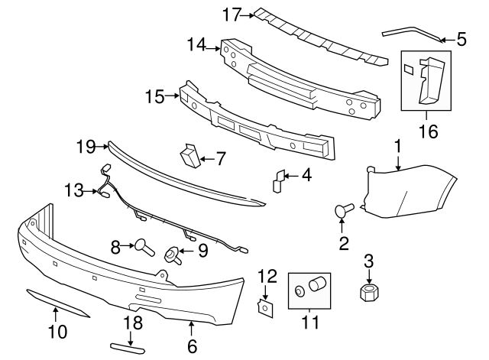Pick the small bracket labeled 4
[x=279, y=180]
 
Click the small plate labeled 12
[x=265, y=308]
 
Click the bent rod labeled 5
[x=413, y=31]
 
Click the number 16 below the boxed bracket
[x=428, y=131]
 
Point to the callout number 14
[x=196, y=45]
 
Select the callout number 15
[x=154, y=96]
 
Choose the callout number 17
[x=232, y=13]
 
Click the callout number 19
[x=86, y=144]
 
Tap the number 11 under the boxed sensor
[x=310, y=323]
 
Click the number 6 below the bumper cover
[x=191, y=346]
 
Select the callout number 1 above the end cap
[x=397, y=144]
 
